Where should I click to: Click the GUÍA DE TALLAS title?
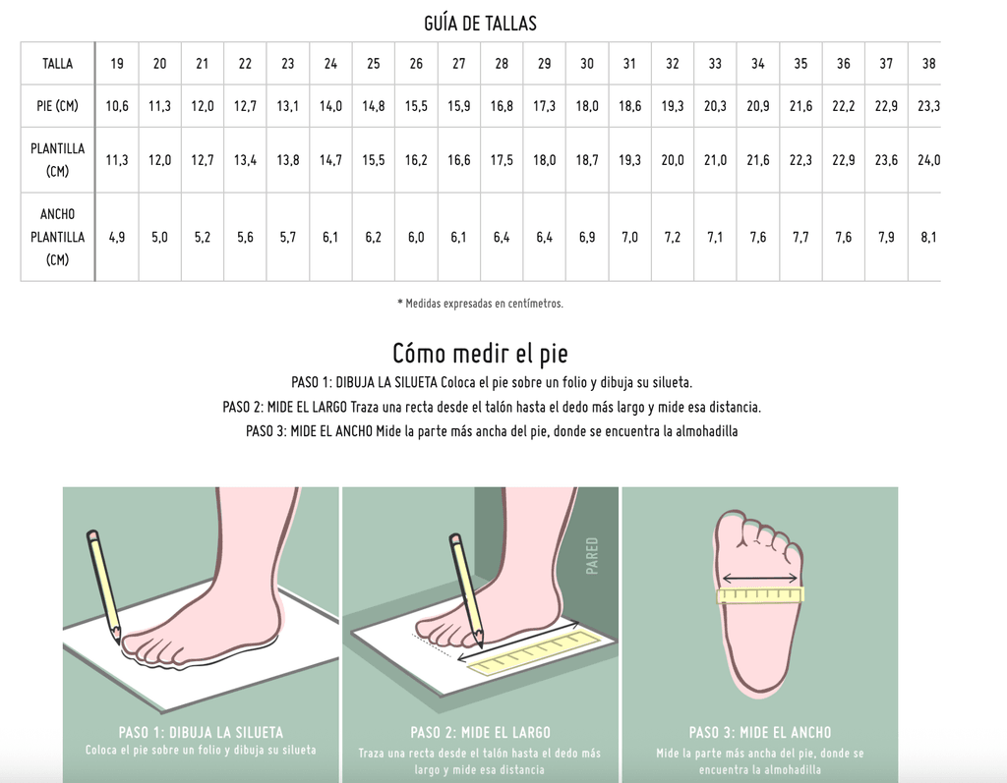(x=480, y=24)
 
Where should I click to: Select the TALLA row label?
(x=57, y=64)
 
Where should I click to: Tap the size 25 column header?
(x=373, y=64)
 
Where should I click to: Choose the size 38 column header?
(x=928, y=64)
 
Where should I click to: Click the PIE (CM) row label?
(x=57, y=106)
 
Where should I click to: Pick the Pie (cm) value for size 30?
(x=587, y=106)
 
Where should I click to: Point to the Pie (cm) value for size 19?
(x=117, y=106)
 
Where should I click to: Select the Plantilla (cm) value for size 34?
(x=758, y=160)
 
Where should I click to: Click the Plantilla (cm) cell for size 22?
(x=245, y=160)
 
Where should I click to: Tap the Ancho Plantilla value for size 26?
(x=416, y=237)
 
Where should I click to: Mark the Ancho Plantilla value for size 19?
(x=117, y=237)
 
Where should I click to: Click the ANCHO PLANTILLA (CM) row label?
(x=57, y=237)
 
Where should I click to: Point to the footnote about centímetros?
(x=480, y=304)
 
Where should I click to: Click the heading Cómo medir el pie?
(x=480, y=354)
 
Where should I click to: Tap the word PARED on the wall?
(x=591, y=556)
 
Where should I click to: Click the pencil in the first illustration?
(x=104, y=587)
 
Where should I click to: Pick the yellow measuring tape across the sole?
(x=760, y=595)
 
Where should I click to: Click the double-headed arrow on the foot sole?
(x=760, y=580)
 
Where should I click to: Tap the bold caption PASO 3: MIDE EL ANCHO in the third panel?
(x=760, y=732)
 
